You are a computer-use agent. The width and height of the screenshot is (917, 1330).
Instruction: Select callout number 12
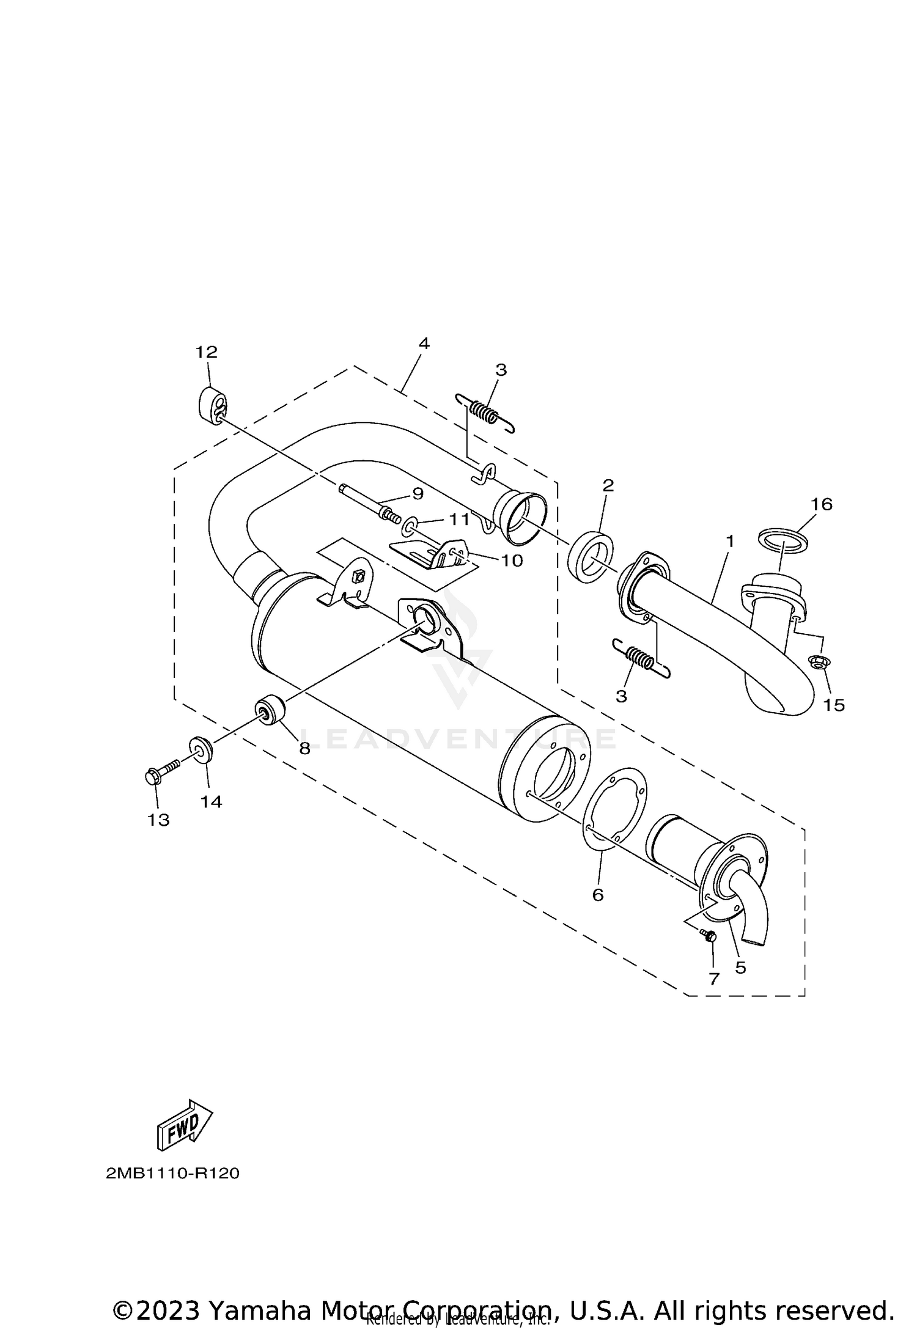coord(207,352)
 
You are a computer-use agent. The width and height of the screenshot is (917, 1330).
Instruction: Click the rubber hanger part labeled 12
coord(212,403)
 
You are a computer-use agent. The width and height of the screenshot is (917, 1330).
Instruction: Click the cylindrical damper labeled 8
coord(270,710)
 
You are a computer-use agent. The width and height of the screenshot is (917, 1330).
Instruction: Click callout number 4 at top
coord(424,344)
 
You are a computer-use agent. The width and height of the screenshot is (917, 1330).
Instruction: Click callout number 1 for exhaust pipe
coord(729,541)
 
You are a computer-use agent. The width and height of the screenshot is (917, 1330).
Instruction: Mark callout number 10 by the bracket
coord(512,560)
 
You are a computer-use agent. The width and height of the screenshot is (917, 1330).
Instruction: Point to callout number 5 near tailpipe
coord(741,968)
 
